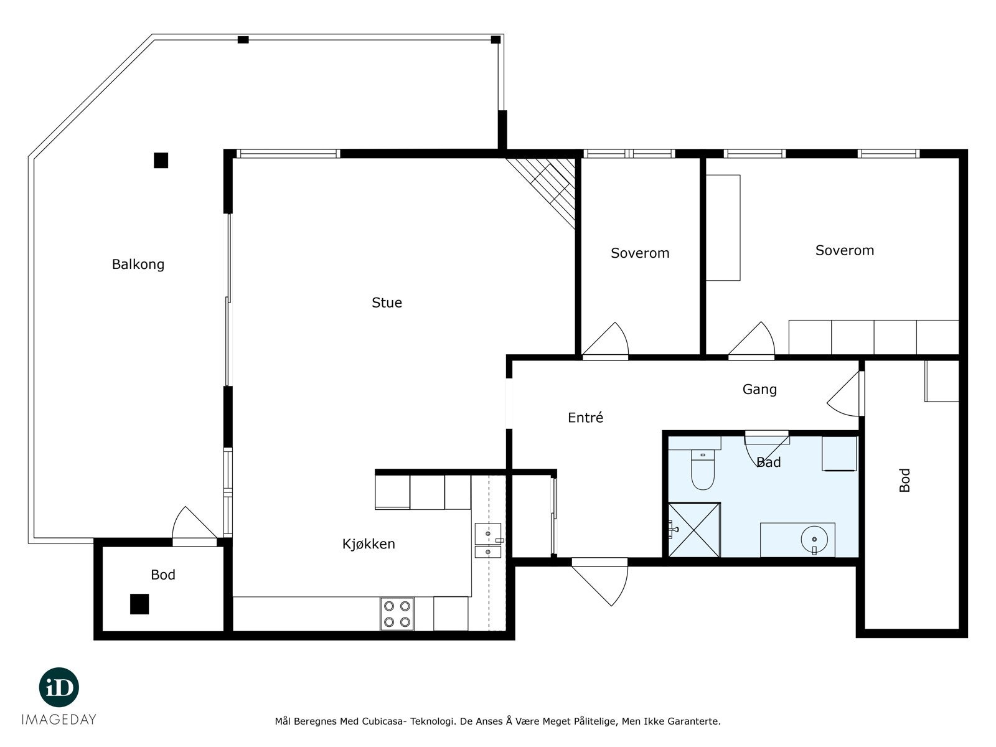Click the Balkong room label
click(x=138, y=264)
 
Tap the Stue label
click(x=387, y=303)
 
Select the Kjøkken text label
click(x=369, y=544)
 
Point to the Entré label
click(x=585, y=417)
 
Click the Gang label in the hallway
click(x=759, y=389)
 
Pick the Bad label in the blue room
click(x=769, y=462)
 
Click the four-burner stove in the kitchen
click(x=397, y=614)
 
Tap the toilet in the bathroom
click(x=702, y=469)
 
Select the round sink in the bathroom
click(x=814, y=540)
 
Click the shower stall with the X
click(x=694, y=530)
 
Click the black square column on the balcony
click(x=161, y=161)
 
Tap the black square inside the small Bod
click(x=139, y=604)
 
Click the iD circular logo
click(x=59, y=687)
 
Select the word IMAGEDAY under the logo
click(x=59, y=720)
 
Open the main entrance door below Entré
click(x=600, y=582)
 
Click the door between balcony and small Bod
click(x=194, y=526)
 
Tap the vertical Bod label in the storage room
click(x=904, y=480)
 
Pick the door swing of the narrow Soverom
click(x=605, y=340)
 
